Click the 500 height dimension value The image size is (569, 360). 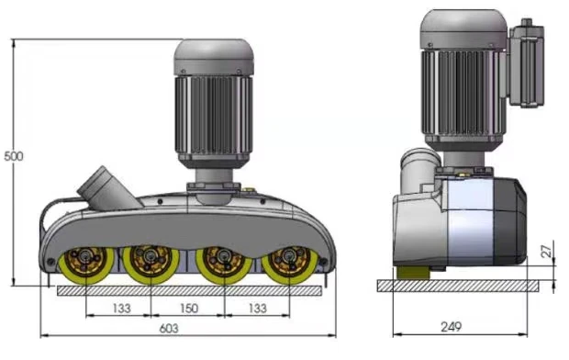click(x=14, y=156)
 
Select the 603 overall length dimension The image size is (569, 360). click(x=169, y=329)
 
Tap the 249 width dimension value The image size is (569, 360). click(x=451, y=327)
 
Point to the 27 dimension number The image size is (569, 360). click(x=546, y=251)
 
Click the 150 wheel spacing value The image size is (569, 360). click(x=189, y=309)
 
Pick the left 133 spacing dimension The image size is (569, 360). click(x=121, y=309)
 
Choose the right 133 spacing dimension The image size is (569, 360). click(x=258, y=309)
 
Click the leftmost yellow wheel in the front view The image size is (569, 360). click(x=86, y=265)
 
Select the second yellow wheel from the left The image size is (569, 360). click(x=151, y=264)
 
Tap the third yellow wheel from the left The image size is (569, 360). click(x=224, y=265)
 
